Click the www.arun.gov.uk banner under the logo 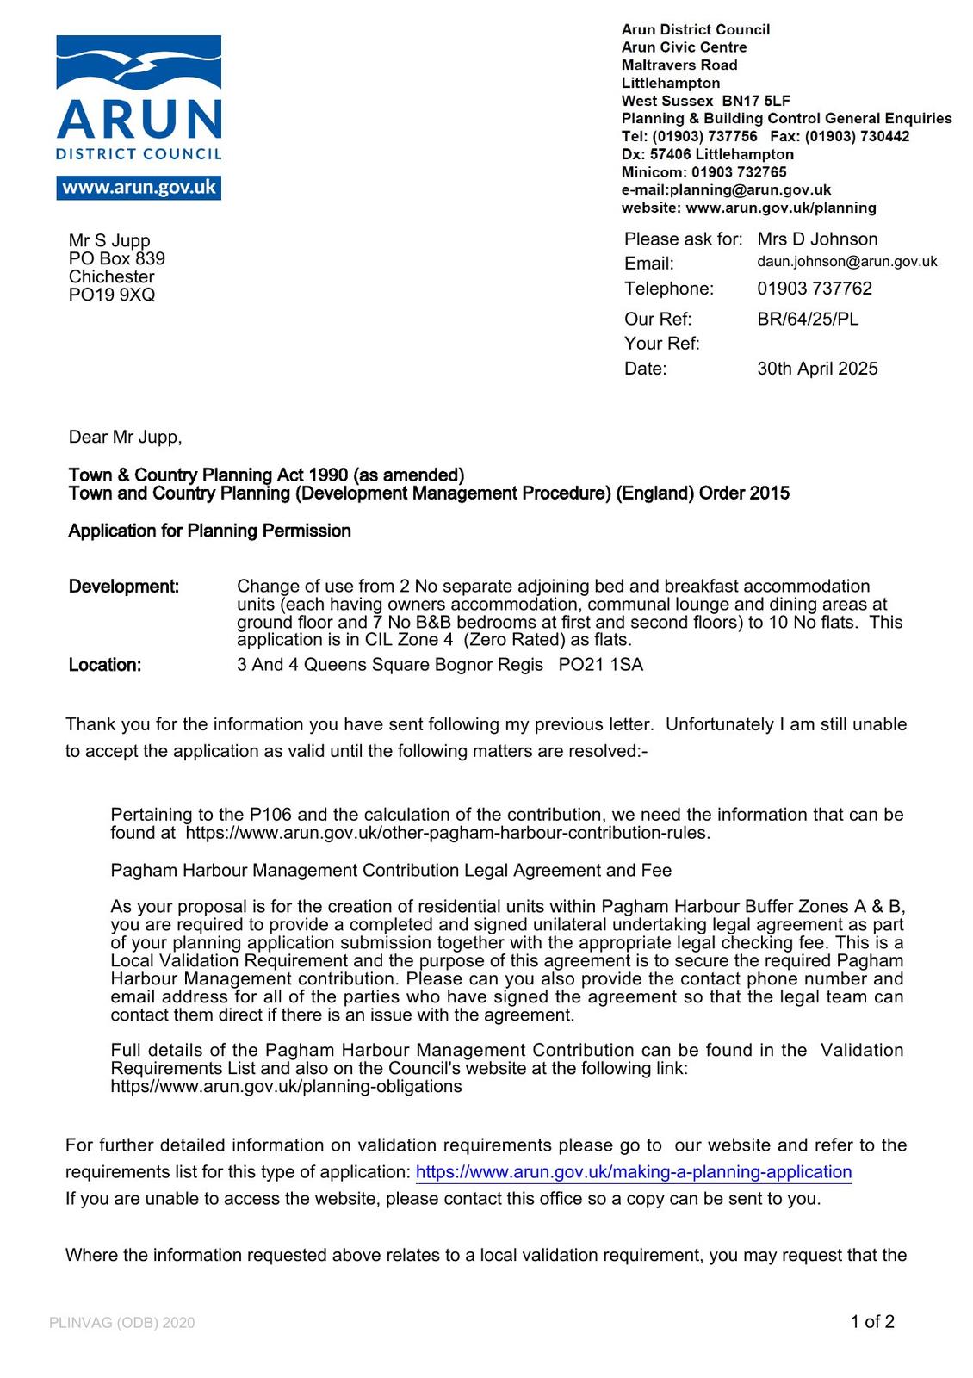139,188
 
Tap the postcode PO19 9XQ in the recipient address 112,295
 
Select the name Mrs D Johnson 817,239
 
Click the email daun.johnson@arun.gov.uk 846,262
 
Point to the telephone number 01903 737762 815,289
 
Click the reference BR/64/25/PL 808,320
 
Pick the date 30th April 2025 817,369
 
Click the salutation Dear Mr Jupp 125,438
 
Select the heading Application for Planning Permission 209,531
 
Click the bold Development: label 124,587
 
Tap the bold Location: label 105,666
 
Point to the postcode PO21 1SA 600,665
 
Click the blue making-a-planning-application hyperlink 633,1172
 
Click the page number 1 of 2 872,1322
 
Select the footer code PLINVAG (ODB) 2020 122,1323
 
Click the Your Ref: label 661,344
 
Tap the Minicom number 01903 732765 739,172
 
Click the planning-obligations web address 286,1087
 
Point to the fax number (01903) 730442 857,136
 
